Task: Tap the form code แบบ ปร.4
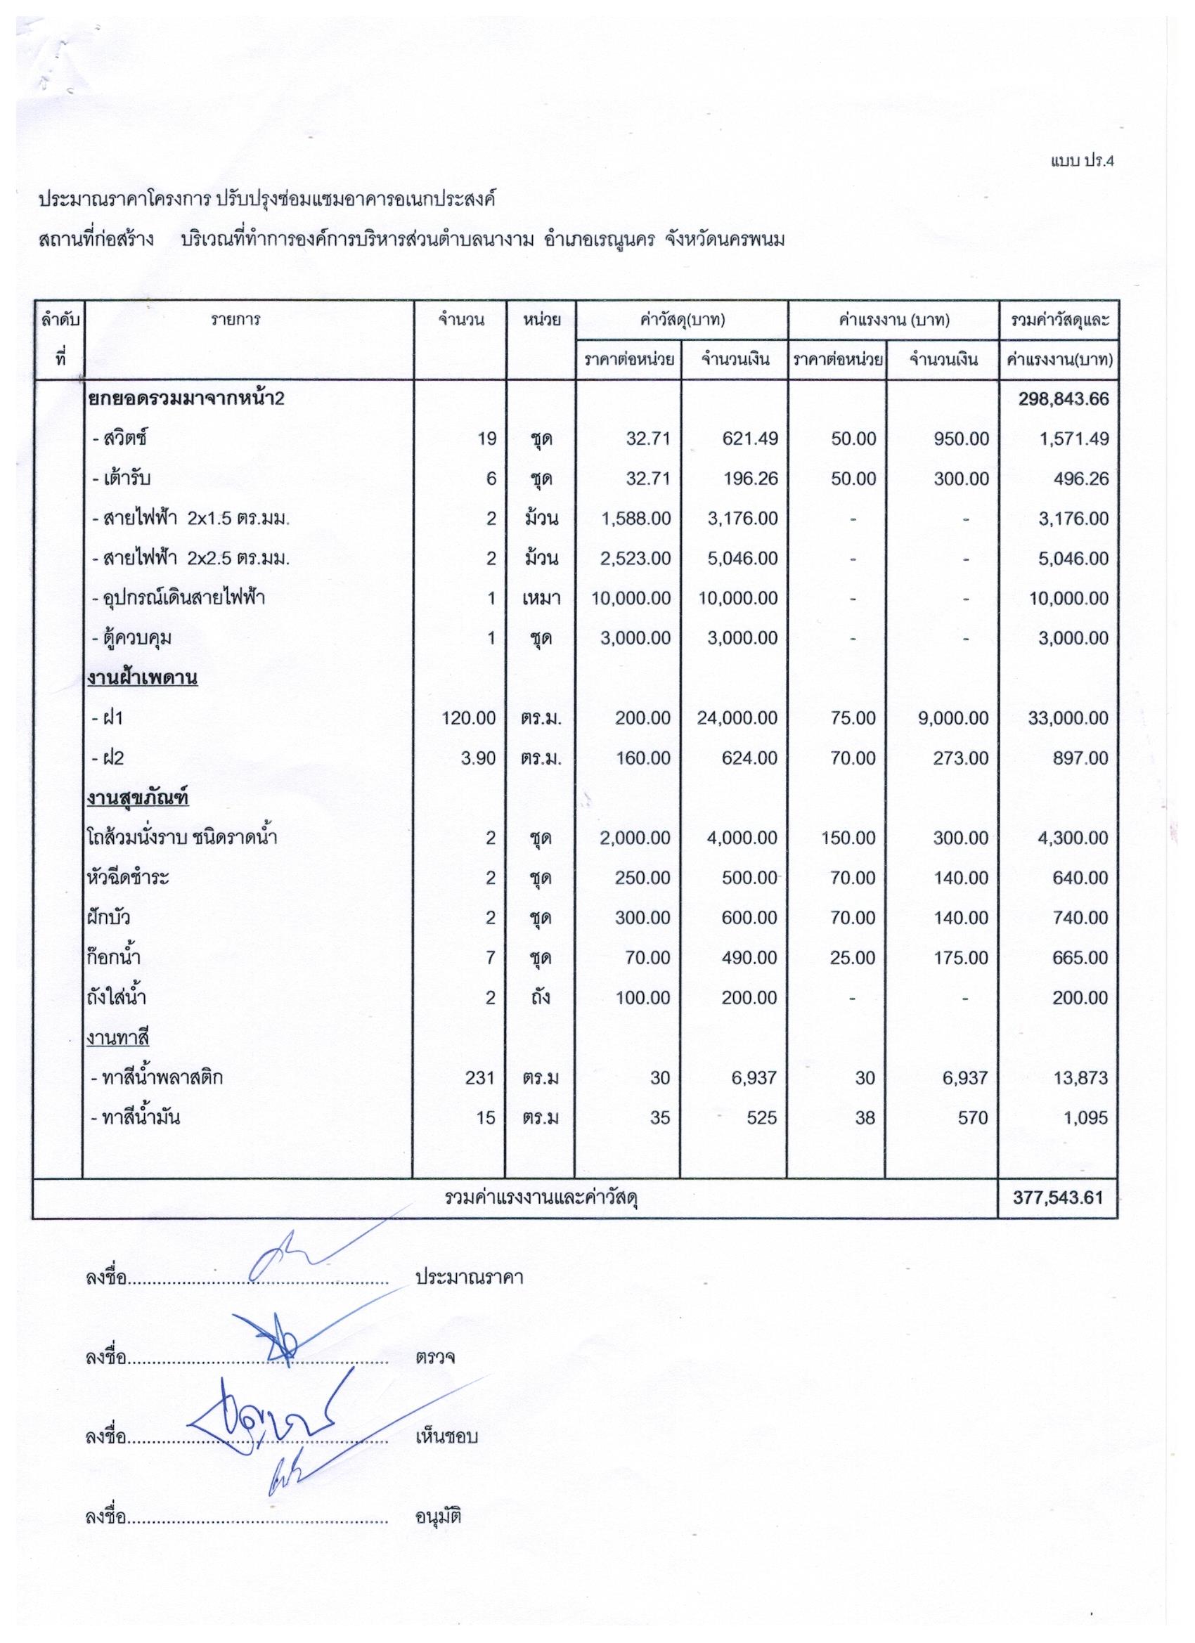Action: (x=1081, y=162)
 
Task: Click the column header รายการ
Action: (x=236, y=320)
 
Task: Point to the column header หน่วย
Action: (x=541, y=320)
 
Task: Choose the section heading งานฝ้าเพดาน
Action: (x=142, y=678)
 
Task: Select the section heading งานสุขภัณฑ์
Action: (x=138, y=798)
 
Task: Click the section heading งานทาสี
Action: (x=117, y=1038)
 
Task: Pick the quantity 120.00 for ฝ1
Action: (x=469, y=718)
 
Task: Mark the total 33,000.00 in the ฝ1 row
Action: (x=1068, y=718)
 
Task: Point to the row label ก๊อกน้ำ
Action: (x=113, y=958)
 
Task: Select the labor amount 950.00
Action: (x=961, y=439)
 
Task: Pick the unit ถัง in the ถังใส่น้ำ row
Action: (x=540, y=998)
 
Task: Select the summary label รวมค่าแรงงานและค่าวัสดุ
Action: (x=541, y=1198)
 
